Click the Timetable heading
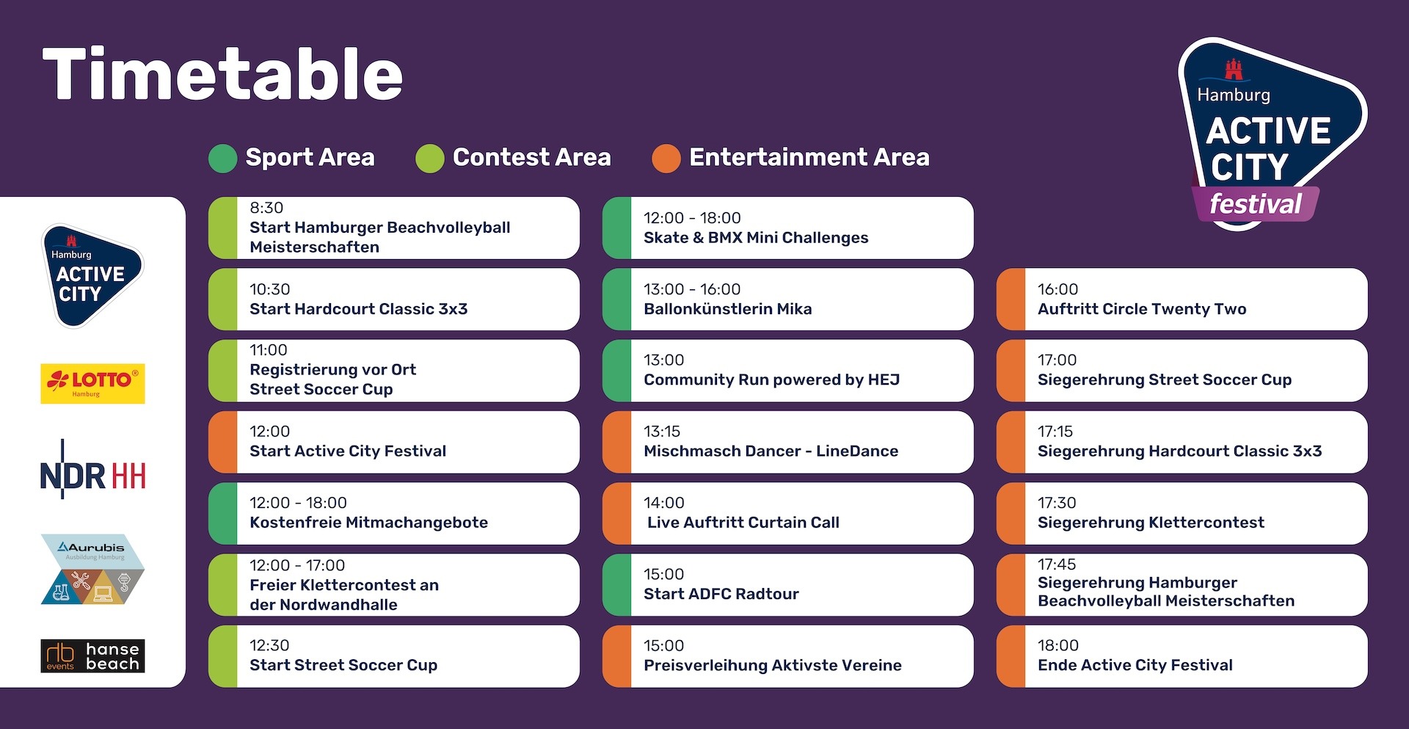(222, 74)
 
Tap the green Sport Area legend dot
(222, 159)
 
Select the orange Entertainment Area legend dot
(666, 159)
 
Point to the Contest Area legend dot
(430, 159)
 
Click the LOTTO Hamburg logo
(92, 383)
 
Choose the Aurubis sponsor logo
(92, 569)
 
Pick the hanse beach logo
(92, 656)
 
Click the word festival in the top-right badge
(1256, 203)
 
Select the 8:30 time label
(266, 208)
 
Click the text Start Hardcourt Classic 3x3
(359, 309)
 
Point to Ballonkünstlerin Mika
(728, 309)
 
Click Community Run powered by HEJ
(771, 380)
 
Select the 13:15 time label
(662, 431)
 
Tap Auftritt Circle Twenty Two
(1142, 309)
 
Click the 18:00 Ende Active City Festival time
(1058, 645)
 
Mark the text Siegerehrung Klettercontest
(1151, 523)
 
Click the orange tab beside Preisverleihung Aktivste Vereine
(616, 656)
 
